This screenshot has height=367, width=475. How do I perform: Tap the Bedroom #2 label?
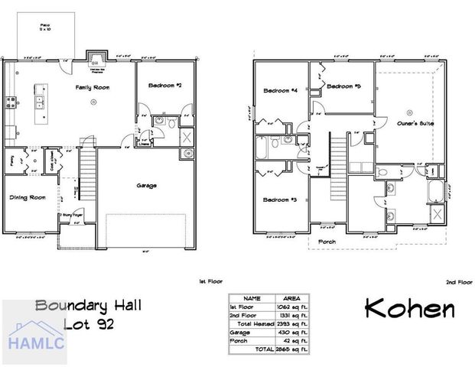pyautogui.click(x=164, y=86)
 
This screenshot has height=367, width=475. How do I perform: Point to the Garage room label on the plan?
pyautogui.click(x=146, y=185)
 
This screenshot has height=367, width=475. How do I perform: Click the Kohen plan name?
pyautogui.click(x=409, y=309)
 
